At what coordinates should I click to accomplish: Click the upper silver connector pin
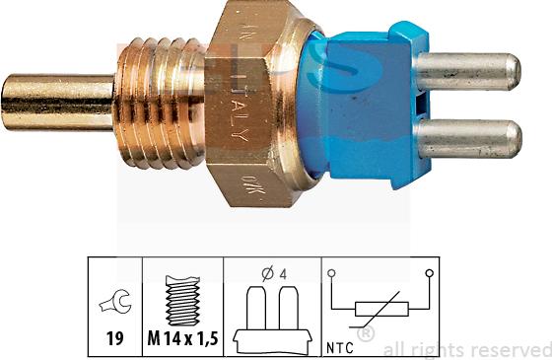pyautogui.click(x=468, y=70)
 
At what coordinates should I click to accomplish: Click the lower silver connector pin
pyautogui.click(x=468, y=135)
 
